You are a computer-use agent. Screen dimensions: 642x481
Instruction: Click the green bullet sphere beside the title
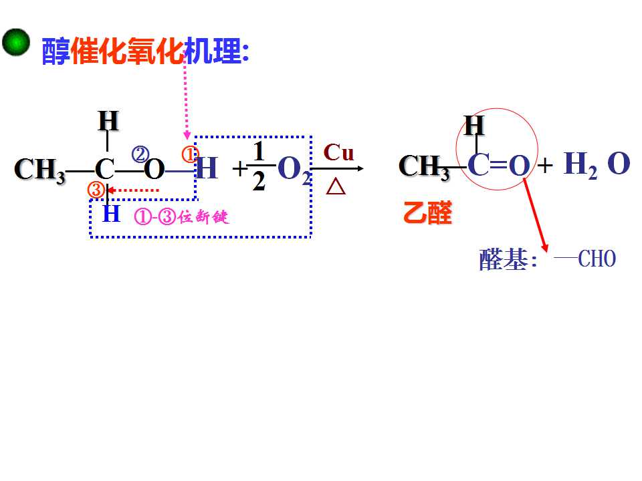click(16, 41)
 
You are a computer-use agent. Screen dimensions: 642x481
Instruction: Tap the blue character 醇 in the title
click(56, 51)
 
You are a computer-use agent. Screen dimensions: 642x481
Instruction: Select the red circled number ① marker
click(189, 154)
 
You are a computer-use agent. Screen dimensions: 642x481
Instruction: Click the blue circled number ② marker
click(140, 155)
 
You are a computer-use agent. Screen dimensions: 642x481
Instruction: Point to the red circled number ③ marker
click(96, 190)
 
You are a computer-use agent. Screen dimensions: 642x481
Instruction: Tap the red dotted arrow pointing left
click(132, 190)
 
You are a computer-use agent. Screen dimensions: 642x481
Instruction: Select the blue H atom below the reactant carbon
click(111, 213)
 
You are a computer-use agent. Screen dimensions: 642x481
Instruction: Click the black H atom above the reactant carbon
click(108, 121)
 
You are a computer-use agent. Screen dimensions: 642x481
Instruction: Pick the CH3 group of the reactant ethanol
click(39, 170)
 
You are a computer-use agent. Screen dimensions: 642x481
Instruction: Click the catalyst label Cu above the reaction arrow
click(338, 152)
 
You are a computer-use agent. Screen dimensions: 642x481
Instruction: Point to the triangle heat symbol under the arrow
click(336, 187)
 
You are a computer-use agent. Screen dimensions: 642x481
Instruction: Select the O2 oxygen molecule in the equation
click(294, 170)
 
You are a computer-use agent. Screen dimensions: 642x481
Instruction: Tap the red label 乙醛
click(427, 212)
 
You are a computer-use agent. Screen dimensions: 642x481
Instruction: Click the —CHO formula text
click(584, 259)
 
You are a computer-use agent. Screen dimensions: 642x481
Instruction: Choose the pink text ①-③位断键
click(181, 216)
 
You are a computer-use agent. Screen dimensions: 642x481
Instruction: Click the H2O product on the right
click(597, 164)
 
